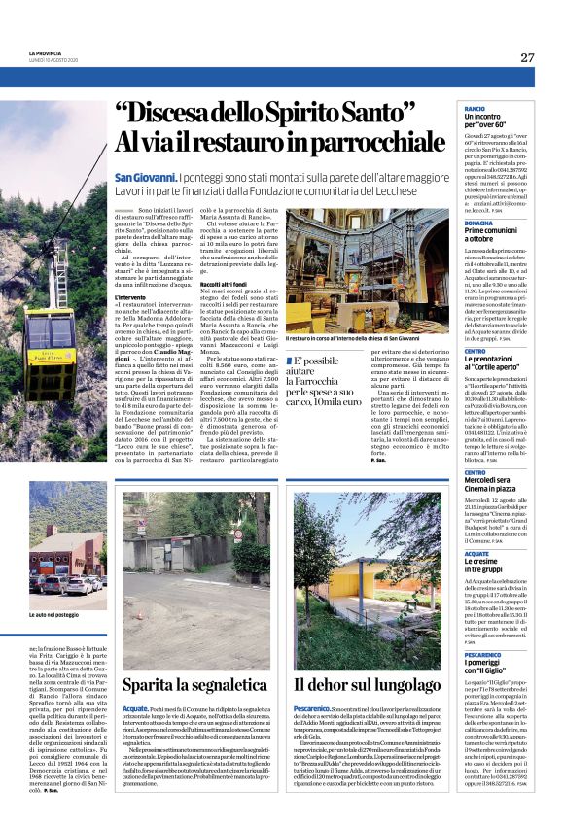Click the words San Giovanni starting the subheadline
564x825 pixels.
coord(146,179)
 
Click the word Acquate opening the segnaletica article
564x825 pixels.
coord(135,683)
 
